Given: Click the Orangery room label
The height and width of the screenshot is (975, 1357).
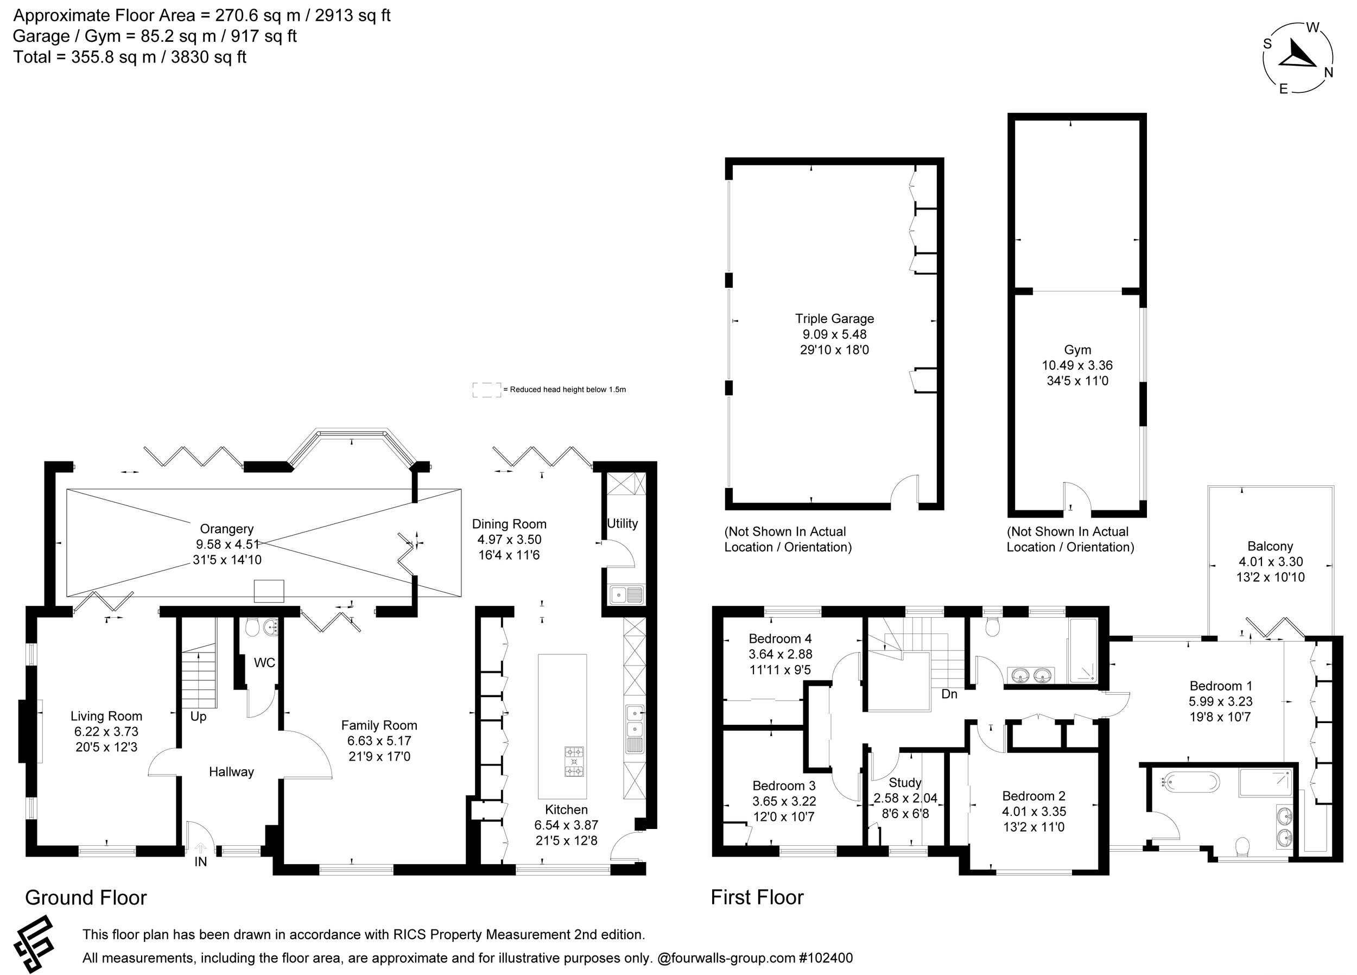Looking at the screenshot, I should tap(226, 529).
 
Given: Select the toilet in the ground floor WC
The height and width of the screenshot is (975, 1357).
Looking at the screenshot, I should tap(252, 627).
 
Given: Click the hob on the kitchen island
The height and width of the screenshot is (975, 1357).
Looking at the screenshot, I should tap(574, 762).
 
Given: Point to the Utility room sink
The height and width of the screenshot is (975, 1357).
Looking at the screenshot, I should tap(626, 595).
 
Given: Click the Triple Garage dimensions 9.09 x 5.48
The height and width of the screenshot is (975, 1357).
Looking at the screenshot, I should tap(834, 334).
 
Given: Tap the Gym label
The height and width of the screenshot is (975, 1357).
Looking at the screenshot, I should tap(1077, 350).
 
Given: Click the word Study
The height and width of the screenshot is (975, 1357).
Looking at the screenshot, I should tap(905, 783).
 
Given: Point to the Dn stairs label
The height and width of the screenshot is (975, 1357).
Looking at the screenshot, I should tap(949, 694).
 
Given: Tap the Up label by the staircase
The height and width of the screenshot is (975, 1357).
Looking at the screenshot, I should tap(198, 717).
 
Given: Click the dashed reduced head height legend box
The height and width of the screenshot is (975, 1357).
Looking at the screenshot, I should tap(486, 390).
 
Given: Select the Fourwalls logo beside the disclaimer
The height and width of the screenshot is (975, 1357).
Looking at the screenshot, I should tap(35, 945).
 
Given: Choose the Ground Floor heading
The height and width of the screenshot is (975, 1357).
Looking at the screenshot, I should tap(86, 898).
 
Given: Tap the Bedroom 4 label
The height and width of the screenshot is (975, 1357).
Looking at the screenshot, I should tap(779, 638).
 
